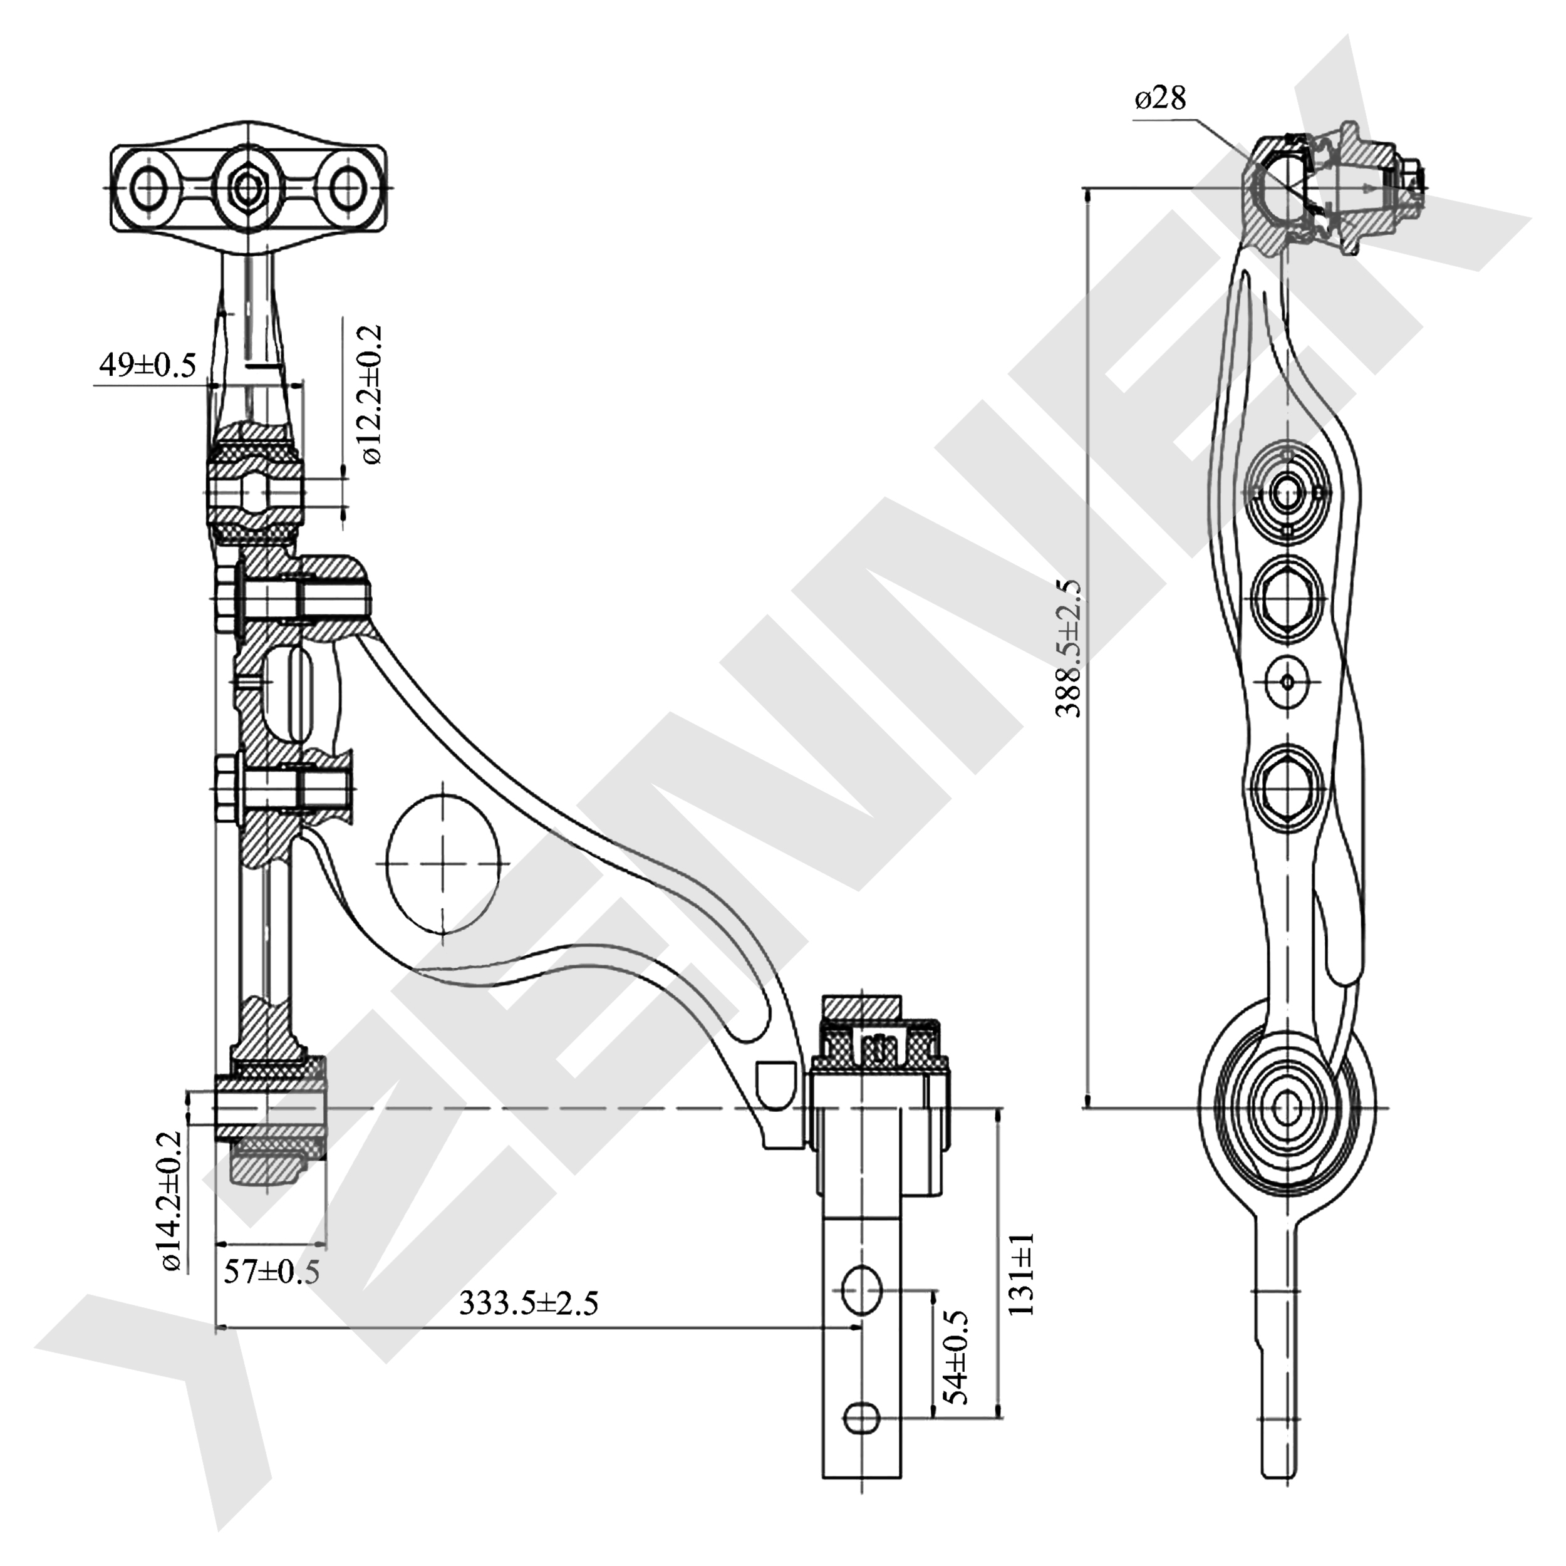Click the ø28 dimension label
pos(1160,99)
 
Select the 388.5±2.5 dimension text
pos(1068,648)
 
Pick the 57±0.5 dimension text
pos(271,1271)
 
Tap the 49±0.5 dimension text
pos(148,366)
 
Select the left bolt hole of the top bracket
pos(148,188)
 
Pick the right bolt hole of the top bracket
pos(348,188)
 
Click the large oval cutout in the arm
pos(443,863)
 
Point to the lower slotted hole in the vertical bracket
pos(861,1439)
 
